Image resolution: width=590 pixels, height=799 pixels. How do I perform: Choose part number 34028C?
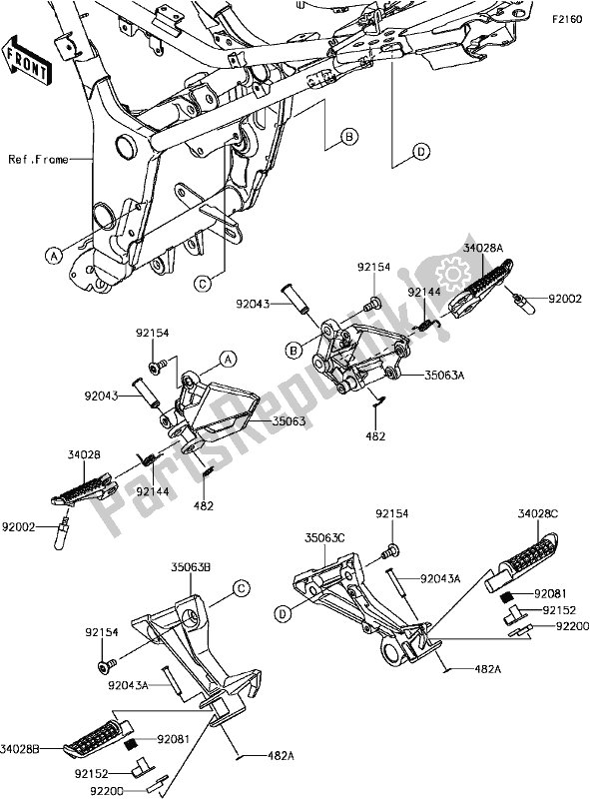[538, 514]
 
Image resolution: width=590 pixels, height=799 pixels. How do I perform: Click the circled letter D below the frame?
[420, 151]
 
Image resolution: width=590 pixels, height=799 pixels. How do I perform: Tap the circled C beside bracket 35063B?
[241, 589]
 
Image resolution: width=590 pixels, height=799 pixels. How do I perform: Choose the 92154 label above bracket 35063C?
[392, 514]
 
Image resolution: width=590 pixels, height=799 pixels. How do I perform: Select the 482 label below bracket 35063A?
[375, 436]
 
